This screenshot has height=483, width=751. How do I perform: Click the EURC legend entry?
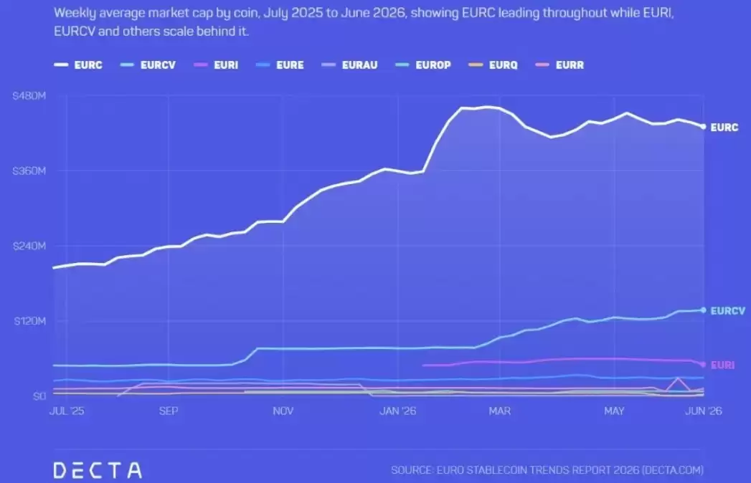click(x=78, y=65)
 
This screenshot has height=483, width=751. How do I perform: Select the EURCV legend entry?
click(x=148, y=65)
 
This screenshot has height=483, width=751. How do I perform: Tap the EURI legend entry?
click(x=216, y=65)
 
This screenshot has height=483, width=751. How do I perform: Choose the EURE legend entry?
click(x=280, y=65)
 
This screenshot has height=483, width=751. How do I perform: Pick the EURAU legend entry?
click(x=349, y=65)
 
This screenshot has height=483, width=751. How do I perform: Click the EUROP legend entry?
click(x=423, y=65)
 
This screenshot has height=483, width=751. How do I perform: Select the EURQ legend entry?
click(x=493, y=65)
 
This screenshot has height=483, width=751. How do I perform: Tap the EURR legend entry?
click(x=559, y=65)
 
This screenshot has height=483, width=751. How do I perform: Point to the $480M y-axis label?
click(x=29, y=96)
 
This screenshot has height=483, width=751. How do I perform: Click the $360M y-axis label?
click(x=29, y=171)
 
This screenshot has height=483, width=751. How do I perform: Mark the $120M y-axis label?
click(x=29, y=321)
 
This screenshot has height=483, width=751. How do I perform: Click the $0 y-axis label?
click(x=39, y=396)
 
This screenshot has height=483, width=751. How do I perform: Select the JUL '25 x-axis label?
click(x=67, y=411)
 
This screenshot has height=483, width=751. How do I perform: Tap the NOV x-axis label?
click(x=283, y=411)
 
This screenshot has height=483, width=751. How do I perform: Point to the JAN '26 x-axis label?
click(x=397, y=411)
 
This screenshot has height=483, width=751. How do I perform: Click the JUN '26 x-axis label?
click(x=703, y=411)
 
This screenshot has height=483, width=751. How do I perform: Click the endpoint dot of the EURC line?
click(x=703, y=127)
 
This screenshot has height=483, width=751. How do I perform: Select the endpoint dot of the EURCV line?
click(x=703, y=310)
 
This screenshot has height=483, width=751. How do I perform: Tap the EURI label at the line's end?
click(x=722, y=365)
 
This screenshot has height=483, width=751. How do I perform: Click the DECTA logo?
click(x=98, y=470)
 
